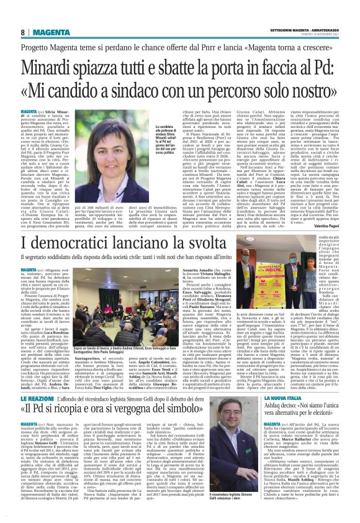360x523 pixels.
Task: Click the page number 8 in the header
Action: pyautogui.click(x=22, y=32)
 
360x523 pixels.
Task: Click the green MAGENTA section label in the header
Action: pyautogui.click(x=51, y=32)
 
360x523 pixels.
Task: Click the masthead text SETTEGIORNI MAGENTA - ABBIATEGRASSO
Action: pyautogui.click(x=306, y=30)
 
